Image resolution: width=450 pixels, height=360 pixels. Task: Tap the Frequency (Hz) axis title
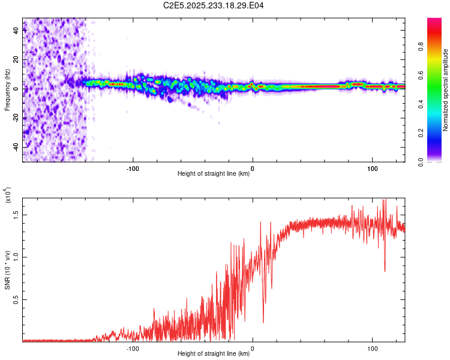point(7,89)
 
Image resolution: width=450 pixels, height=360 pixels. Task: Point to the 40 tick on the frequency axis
point(16,31)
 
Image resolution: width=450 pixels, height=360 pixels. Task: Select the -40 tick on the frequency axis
point(16,147)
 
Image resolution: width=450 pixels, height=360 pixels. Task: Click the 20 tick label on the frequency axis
point(16,60)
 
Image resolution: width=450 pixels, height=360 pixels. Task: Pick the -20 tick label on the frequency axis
point(16,118)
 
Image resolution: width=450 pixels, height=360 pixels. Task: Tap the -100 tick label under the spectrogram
point(133,168)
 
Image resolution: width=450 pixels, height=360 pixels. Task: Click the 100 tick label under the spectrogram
point(372,168)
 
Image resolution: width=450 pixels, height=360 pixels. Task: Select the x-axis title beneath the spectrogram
point(214,175)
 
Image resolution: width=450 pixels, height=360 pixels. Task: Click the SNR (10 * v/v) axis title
point(7,269)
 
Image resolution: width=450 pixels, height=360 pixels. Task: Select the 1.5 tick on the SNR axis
point(16,214)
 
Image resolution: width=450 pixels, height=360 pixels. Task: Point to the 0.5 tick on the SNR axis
point(16,299)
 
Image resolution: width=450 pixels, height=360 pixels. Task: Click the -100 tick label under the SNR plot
point(133,348)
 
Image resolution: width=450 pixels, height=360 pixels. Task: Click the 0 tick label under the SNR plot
point(253,348)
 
